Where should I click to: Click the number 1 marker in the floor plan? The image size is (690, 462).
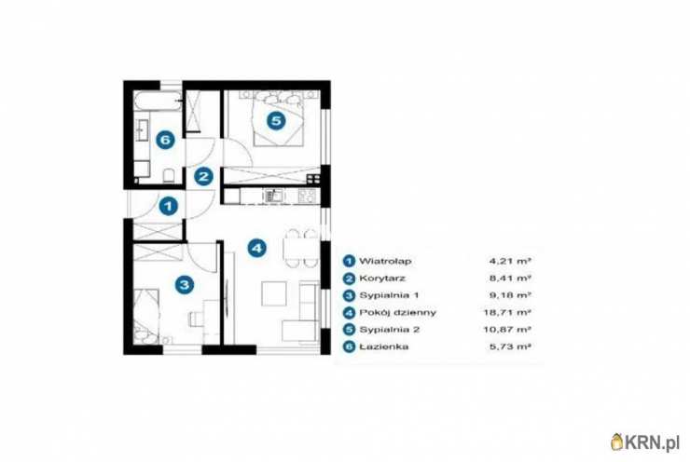click(x=168, y=206)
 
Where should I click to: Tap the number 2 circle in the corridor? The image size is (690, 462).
click(x=203, y=177)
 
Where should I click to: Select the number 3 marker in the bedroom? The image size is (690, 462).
click(x=185, y=284)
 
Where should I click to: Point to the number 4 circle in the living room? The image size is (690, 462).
click(x=257, y=248)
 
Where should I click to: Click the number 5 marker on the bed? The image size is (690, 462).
click(x=276, y=120)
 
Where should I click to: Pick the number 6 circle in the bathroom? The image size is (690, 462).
click(x=165, y=141)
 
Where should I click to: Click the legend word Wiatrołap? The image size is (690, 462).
click(x=385, y=261)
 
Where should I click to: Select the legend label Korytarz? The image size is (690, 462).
click(x=382, y=279)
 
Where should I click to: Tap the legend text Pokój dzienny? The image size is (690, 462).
click(x=398, y=313)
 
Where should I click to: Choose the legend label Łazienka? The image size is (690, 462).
click(x=384, y=346)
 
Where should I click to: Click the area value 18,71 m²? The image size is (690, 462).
click(x=507, y=313)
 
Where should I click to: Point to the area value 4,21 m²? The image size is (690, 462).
click(x=510, y=261)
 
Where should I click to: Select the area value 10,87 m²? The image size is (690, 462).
click(x=507, y=330)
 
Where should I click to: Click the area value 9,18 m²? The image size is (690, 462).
click(x=510, y=295)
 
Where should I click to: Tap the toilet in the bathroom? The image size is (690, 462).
click(x=169, y=176)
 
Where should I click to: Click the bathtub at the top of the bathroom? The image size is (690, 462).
click(x=157, y=102)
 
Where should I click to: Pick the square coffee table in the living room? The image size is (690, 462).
click(x=274, y=293)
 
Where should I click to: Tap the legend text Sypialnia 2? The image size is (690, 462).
click(x=390, y=330)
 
